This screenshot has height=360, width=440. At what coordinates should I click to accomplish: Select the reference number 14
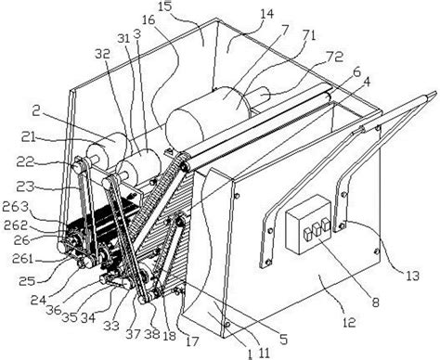(x=239, y=16)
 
